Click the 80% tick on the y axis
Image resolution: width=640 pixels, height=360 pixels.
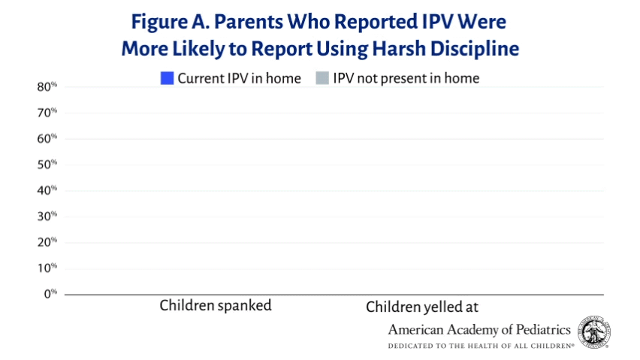47,87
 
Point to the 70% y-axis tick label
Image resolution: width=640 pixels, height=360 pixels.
47,113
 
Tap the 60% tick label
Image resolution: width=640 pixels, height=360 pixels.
47,138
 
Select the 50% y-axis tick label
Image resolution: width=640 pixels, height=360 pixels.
47,165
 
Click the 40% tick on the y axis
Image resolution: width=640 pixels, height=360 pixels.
47,190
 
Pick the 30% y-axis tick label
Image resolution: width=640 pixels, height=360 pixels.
47,216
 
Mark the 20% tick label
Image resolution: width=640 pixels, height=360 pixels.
47,242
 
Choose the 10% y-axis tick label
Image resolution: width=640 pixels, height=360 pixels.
47,268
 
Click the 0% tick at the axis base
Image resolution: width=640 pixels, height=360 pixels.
50,294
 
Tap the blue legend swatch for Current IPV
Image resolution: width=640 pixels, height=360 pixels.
167,78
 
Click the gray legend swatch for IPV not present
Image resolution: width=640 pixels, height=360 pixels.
322,78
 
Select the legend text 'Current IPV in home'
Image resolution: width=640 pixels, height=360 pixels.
239,78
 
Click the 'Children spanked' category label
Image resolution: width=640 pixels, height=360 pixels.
216,306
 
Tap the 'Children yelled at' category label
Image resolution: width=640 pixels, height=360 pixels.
422,307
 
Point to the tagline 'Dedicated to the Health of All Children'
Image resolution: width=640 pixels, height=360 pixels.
481,346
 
